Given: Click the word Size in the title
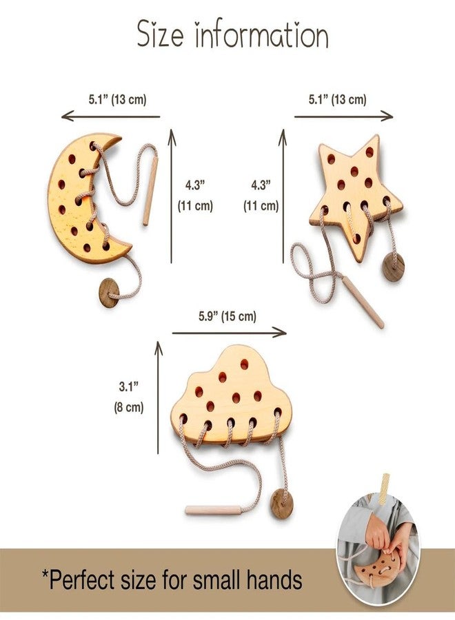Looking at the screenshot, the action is (x=160, y=34).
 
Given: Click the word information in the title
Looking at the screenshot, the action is (x=261, y=34).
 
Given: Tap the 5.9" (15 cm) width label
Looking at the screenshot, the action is (x=228, y=316).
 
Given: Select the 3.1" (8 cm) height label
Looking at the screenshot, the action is (x=129, y=397).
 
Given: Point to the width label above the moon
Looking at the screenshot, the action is (x=117, y=99).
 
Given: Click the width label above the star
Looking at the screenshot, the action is (x=338, y=99).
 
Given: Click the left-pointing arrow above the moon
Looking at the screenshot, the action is (x=111, y=116).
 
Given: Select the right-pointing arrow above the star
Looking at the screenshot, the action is (x=344, y=116).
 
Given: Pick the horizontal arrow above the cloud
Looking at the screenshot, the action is (x=230, y=333).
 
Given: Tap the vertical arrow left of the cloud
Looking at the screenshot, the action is (x=159, y=397).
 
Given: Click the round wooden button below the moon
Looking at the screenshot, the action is (x=109, y=293).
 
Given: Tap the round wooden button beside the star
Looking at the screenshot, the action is (x=393, y=267).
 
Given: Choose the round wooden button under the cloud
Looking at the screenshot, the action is (x=282, y=504).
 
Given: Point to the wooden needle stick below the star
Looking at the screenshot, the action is (x=363, y=302).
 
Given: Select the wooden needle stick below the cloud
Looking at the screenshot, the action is (x=212, y=510).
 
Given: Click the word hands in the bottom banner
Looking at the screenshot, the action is (x=274, y=579).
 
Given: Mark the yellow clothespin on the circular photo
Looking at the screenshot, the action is (x=383, y=488).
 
